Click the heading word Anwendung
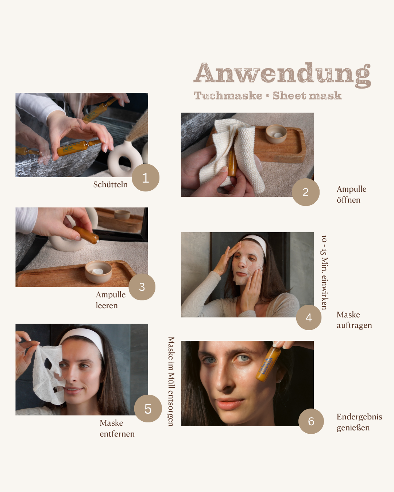282,74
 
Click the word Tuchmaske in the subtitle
228,96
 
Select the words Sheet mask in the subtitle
307,96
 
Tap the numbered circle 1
145,178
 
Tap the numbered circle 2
306,192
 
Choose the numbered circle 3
142,287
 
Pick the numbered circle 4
309,317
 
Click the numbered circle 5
148,409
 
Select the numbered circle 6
311,421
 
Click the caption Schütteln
110,185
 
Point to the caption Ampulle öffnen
351,194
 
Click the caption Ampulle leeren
110,300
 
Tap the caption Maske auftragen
354,320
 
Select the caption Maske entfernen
117,428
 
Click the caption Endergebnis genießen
359,422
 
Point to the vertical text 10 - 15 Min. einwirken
324,272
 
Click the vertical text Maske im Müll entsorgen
171,381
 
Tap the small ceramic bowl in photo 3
98,272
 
